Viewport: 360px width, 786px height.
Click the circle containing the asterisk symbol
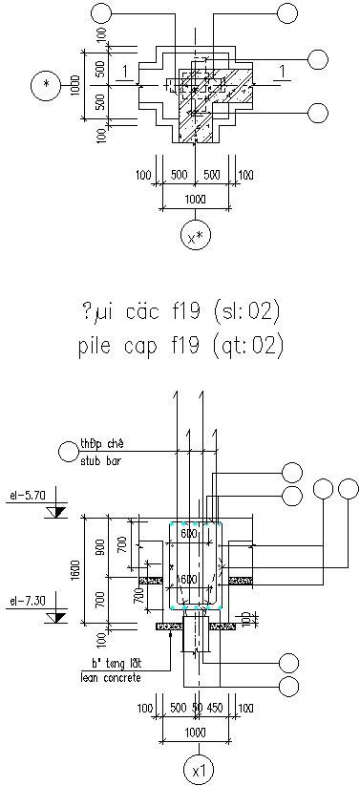[45, 86]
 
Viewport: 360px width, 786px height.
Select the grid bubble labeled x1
[196, 766]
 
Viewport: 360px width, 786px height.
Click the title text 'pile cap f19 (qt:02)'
[180, 345]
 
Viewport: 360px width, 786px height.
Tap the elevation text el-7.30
[22, 601]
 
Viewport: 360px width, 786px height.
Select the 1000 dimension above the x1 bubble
[195, 731]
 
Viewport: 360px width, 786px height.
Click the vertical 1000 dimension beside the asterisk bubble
[76, 86]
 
